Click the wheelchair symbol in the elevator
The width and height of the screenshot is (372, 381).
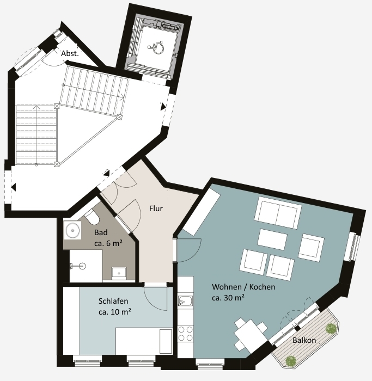(x=156, y=47)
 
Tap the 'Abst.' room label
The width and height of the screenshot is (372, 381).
(x=70, y=53)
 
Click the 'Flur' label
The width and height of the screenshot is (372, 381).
(x=156, y=208)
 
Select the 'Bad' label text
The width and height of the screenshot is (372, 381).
(x=101, y=232)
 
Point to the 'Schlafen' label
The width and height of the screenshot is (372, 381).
(x=113, y=301)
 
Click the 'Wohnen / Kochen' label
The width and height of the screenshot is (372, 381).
(x=243, y=287)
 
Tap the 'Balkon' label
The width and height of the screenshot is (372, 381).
(x=304, y=340)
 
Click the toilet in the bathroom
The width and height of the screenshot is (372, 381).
(x=92, y=217)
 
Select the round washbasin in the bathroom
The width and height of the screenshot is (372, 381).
(x=72, y=230)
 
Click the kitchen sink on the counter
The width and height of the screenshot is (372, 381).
(x=185, y=301)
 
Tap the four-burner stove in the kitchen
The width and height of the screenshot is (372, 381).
(x=186, y=334)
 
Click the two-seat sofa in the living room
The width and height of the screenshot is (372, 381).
(x=278, y=213)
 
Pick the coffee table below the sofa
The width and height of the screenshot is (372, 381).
(x=272, y=239)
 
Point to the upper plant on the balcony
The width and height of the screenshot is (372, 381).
(x=331, y=329)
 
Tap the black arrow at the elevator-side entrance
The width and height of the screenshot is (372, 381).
(x=163, y=107)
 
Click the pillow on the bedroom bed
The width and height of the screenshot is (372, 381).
(x=166, y=341)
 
